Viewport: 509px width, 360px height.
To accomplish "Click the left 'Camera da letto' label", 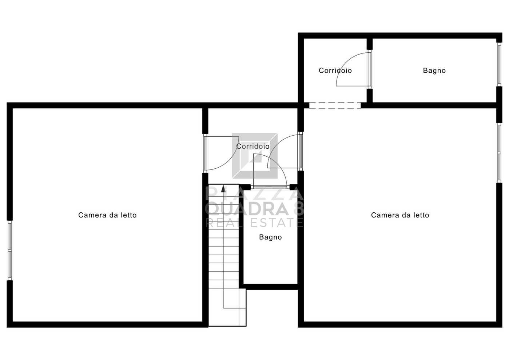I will point(107,215).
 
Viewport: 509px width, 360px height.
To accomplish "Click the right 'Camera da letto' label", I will point(400,215).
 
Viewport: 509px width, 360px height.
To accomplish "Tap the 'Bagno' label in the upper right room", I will point(434,71).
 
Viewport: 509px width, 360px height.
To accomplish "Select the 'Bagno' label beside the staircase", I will point(270,237).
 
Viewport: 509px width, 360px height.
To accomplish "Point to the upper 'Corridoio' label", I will point(335,71).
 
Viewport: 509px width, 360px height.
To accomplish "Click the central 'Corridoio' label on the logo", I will point(253,146).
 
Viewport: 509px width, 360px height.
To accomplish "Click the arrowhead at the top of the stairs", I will point(223,188).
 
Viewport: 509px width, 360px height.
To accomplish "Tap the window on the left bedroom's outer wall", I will point(10,250).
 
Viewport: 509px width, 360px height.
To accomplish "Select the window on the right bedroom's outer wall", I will point(499,153).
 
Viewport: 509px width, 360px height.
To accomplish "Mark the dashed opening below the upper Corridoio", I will point(335,105).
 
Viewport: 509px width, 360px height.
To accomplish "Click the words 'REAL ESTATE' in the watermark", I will point(254,223).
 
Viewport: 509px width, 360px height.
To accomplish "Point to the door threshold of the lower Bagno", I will point(270,187).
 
